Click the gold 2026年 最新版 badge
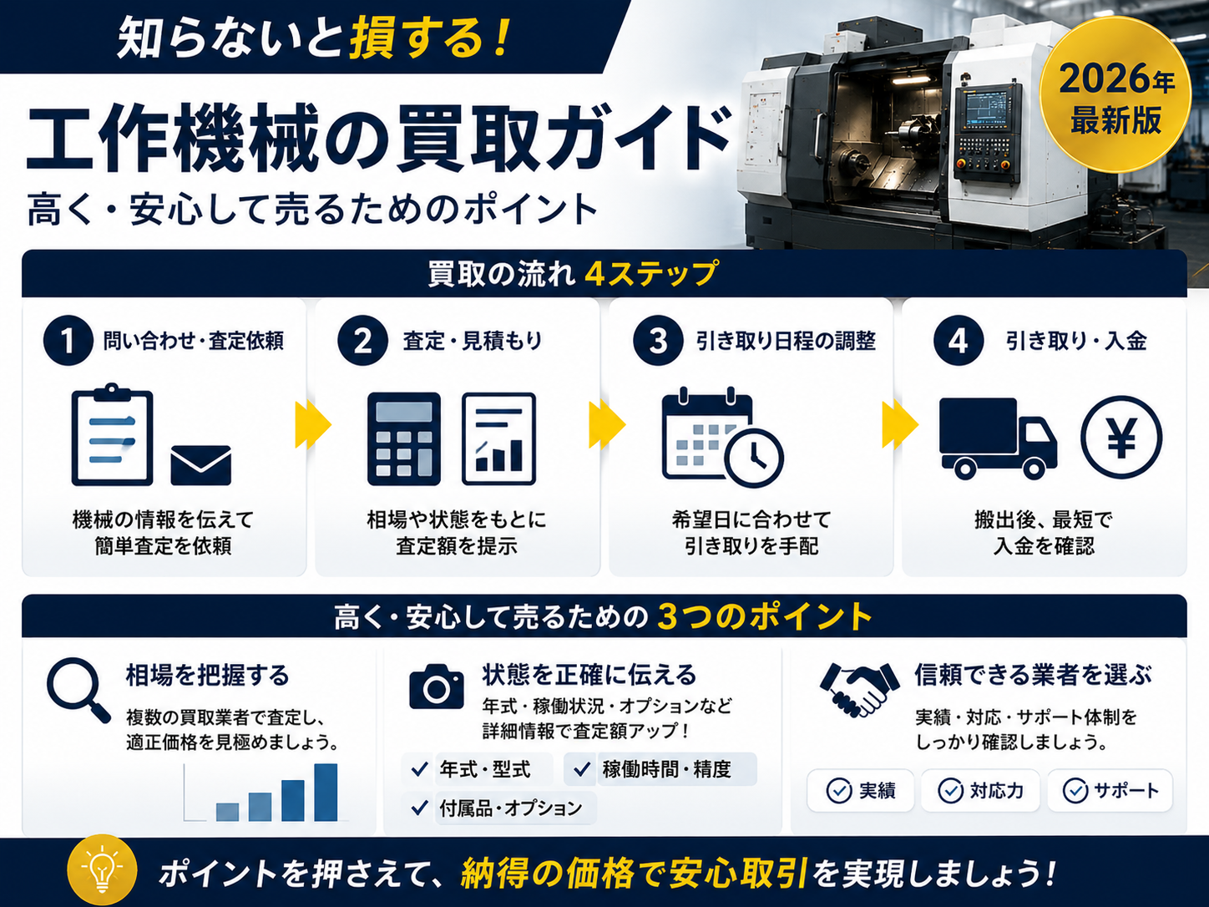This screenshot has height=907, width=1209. (1115, 94)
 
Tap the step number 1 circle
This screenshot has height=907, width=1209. (68, 340)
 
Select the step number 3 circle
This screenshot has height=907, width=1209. (658, 340)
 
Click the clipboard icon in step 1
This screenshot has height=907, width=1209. (113, 434)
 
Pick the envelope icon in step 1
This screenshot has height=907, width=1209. (201, 465)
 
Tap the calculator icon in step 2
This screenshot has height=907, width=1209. (404, 438)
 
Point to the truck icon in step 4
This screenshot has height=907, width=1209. (998, 438)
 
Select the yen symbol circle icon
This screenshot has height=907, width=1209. (1121, 438)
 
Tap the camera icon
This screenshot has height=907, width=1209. (436, 687)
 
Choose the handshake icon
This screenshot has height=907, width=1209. (859, 689)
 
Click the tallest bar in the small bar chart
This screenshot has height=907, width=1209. (326, 793)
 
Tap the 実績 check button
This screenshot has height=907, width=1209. (860, 791)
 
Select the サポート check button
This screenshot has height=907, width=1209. (1110, 791)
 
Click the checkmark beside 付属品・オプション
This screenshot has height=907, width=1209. (420, 808)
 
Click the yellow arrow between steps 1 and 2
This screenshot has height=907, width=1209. (313, 424)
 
